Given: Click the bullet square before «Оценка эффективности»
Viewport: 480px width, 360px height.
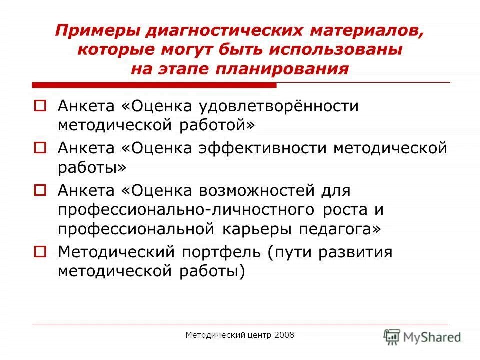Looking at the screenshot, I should (40, 148).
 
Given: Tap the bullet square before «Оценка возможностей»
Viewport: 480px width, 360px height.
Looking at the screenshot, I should (40, 190).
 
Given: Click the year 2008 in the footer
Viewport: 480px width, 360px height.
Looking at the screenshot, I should (284, 335).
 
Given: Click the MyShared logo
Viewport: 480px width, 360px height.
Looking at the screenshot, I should (422, 336).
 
